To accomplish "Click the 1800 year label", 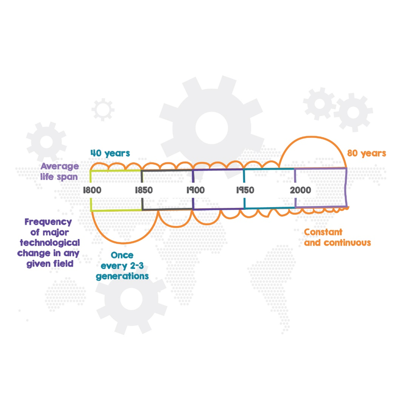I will coord(92,190).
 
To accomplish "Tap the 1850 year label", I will coord(144,190).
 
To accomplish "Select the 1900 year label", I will coord(196,190).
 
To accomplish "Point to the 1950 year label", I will coord(245,190).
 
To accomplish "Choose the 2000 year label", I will coord(300,190).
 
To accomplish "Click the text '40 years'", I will coord(110,153).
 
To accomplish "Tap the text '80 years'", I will coord(366,153).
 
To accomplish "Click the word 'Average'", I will coord(60,166).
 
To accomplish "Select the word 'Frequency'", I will coord(48,222).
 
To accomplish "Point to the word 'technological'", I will coord(50,243).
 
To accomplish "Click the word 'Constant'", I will coord(323,232).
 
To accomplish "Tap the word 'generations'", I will coord(122,276).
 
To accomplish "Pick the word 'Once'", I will coord(122,255).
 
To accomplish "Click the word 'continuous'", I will coord(347,243).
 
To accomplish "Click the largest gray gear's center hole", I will coord(212,128).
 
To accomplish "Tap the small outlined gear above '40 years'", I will coord(103,110).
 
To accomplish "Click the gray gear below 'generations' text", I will coord(131,299).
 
